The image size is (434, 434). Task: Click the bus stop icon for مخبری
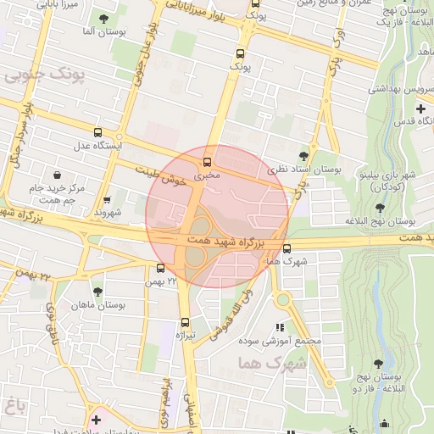point(207,160)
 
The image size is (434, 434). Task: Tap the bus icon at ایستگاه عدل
point(98,132)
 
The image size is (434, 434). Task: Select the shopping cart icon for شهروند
point(107,201)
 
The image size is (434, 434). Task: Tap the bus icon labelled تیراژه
point(185,322)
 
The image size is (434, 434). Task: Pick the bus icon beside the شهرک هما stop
point(287,248)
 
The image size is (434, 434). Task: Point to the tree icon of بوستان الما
point(103,18)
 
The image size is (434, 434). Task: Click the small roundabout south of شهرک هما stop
point(281,299)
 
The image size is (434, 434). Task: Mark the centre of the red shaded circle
point(217,217)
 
